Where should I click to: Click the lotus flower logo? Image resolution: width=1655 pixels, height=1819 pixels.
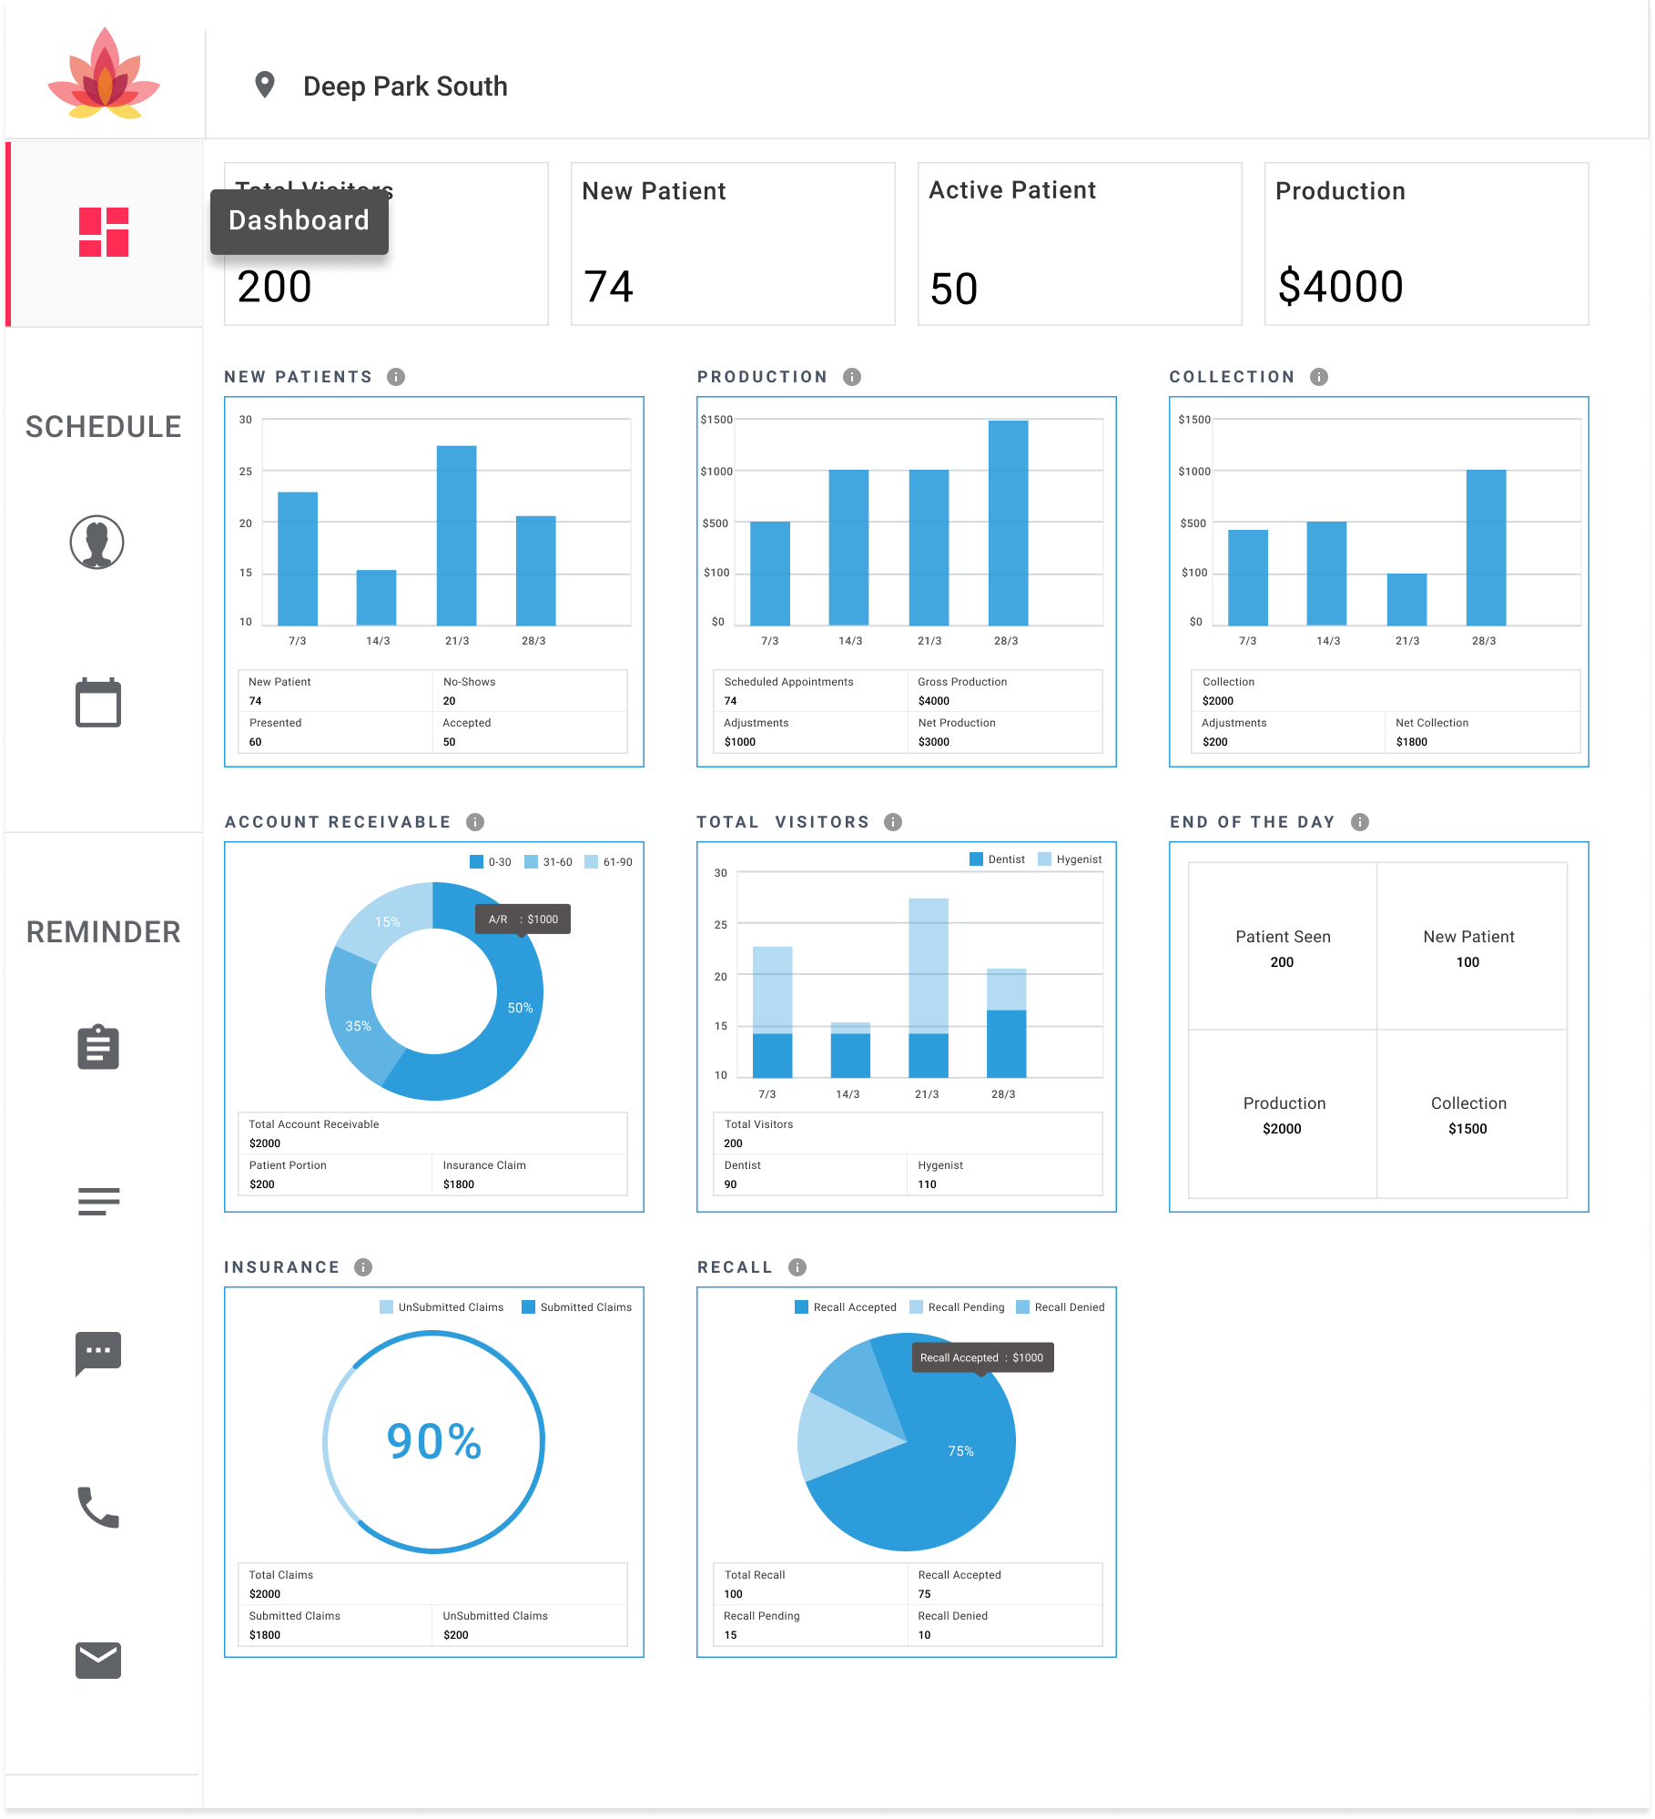[104, 75]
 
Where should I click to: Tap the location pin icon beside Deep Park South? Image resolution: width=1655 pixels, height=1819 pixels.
[264, 85]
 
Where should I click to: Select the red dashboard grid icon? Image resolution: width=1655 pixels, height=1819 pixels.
[104, 232]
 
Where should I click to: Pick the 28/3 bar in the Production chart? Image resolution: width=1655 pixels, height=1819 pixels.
[1008, 523]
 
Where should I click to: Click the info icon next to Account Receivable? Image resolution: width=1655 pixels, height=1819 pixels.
[475, 822]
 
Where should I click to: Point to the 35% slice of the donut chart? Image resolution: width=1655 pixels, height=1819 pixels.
[358, 1026]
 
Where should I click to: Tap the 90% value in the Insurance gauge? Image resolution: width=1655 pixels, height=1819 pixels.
[434, 1441]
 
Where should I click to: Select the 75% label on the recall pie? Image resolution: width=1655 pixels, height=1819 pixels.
[960, 1451]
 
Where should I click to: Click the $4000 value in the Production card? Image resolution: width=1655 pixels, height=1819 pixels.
[1340, 287]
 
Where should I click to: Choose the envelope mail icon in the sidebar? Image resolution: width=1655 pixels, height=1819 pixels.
[98, 1661]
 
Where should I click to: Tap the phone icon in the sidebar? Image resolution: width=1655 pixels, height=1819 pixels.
[98, 1507]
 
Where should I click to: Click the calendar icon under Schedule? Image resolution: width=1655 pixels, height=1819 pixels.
[98, 703]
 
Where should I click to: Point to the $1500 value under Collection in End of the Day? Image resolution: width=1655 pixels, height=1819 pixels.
[1467, 1129]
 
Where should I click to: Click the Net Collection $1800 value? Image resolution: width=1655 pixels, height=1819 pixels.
[1411, 742]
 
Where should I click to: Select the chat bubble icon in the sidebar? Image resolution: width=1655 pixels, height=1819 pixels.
[98, 1353]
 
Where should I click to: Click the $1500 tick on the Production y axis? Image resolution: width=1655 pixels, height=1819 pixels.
[716, 420]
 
